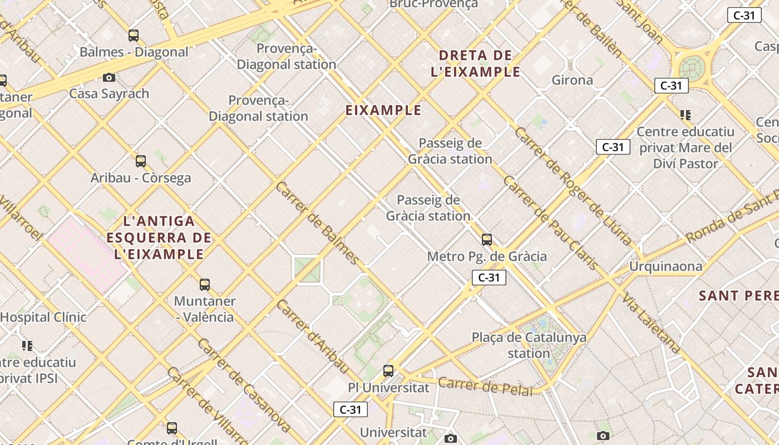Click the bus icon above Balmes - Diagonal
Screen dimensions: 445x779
134,36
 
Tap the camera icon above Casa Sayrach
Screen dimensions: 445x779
109,77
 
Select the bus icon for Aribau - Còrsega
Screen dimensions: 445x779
141,161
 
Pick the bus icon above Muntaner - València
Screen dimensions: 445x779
205,285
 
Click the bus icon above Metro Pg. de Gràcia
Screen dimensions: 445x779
487,240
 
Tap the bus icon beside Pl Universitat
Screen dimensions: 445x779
388,371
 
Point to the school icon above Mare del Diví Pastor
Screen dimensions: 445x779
686,115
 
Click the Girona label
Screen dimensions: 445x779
572,80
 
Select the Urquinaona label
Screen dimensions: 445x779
665,266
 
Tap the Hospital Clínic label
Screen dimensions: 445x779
43,317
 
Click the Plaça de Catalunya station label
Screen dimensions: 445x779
529,345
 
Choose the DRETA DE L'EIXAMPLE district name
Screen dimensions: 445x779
475,63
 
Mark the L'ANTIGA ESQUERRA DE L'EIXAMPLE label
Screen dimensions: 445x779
159,238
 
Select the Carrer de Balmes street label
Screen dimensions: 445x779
317,222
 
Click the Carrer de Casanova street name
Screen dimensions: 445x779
243,384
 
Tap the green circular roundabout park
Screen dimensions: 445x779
692,68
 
